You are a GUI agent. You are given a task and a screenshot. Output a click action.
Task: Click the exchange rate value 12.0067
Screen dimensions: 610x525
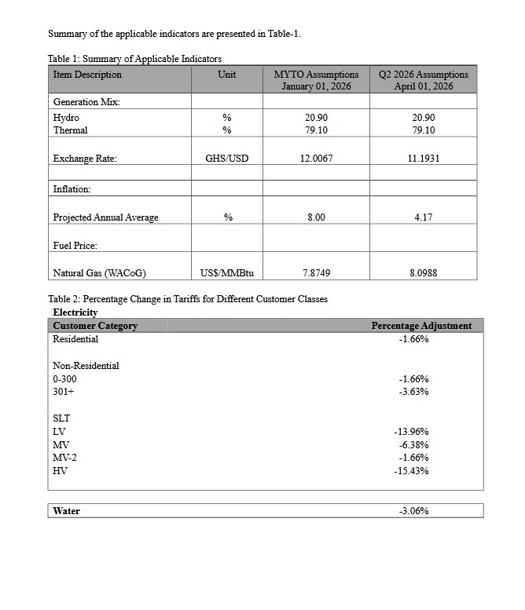316,159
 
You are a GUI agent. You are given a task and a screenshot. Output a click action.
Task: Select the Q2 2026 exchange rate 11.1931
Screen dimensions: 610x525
424,159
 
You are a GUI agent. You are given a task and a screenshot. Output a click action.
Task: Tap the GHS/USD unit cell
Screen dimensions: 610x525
226,159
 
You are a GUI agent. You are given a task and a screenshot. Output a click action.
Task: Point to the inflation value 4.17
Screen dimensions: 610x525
424,217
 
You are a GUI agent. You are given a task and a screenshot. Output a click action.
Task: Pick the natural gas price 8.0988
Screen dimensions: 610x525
424,273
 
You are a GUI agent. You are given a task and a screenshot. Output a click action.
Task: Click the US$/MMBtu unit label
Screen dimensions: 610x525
226,273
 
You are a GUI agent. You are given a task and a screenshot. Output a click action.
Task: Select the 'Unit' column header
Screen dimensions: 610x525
226,75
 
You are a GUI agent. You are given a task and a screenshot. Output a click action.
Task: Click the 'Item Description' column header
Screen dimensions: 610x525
87,75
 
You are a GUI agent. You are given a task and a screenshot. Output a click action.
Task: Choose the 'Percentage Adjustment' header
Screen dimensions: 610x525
421,326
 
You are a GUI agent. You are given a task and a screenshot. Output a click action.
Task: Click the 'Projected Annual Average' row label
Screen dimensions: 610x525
105,217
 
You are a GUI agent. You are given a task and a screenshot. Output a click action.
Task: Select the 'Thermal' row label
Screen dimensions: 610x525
70,130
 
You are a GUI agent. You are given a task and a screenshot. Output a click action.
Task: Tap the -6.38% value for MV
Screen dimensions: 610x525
413,445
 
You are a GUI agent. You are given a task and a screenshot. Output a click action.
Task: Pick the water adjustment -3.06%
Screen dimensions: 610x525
413,511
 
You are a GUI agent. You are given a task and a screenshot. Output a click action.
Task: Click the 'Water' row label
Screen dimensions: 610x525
66,511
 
